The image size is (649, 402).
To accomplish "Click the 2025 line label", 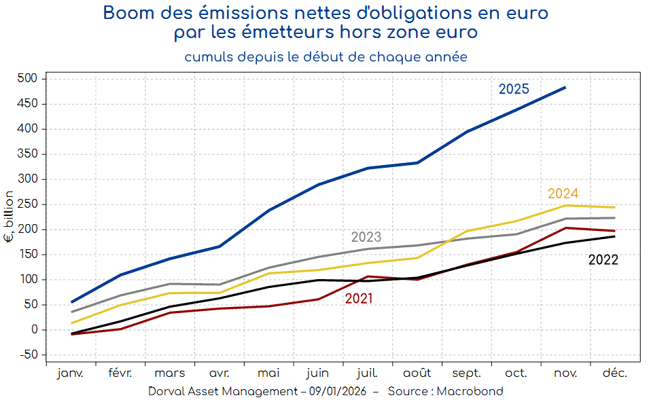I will [513, 89].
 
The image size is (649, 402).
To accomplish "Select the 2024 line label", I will [563, 194].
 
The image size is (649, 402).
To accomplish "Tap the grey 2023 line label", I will [366, 238].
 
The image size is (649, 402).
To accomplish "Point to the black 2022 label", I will [603, 259].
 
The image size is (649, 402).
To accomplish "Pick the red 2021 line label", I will [358, 299].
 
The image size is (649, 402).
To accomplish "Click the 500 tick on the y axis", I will [28, 79].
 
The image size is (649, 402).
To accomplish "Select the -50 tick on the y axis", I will [28, 355].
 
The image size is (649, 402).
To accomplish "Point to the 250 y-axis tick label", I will [28, 204].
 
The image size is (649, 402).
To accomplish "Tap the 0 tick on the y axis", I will [34, 330].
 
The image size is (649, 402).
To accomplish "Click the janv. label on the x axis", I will [71, 373].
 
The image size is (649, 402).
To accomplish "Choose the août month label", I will [417, 373].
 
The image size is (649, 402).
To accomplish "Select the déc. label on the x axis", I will [614, 373].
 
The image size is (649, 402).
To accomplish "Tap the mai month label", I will [268, 373].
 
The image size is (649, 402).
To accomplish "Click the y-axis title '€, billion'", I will [9, 217].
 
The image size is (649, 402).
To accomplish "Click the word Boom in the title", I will [126, 12].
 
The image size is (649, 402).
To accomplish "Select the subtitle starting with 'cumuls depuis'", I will [326, 57].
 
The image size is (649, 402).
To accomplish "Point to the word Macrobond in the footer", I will [470, 391].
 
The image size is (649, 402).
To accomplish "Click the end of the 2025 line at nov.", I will [565, 87].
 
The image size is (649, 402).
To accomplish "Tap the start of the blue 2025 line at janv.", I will [71, 302].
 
